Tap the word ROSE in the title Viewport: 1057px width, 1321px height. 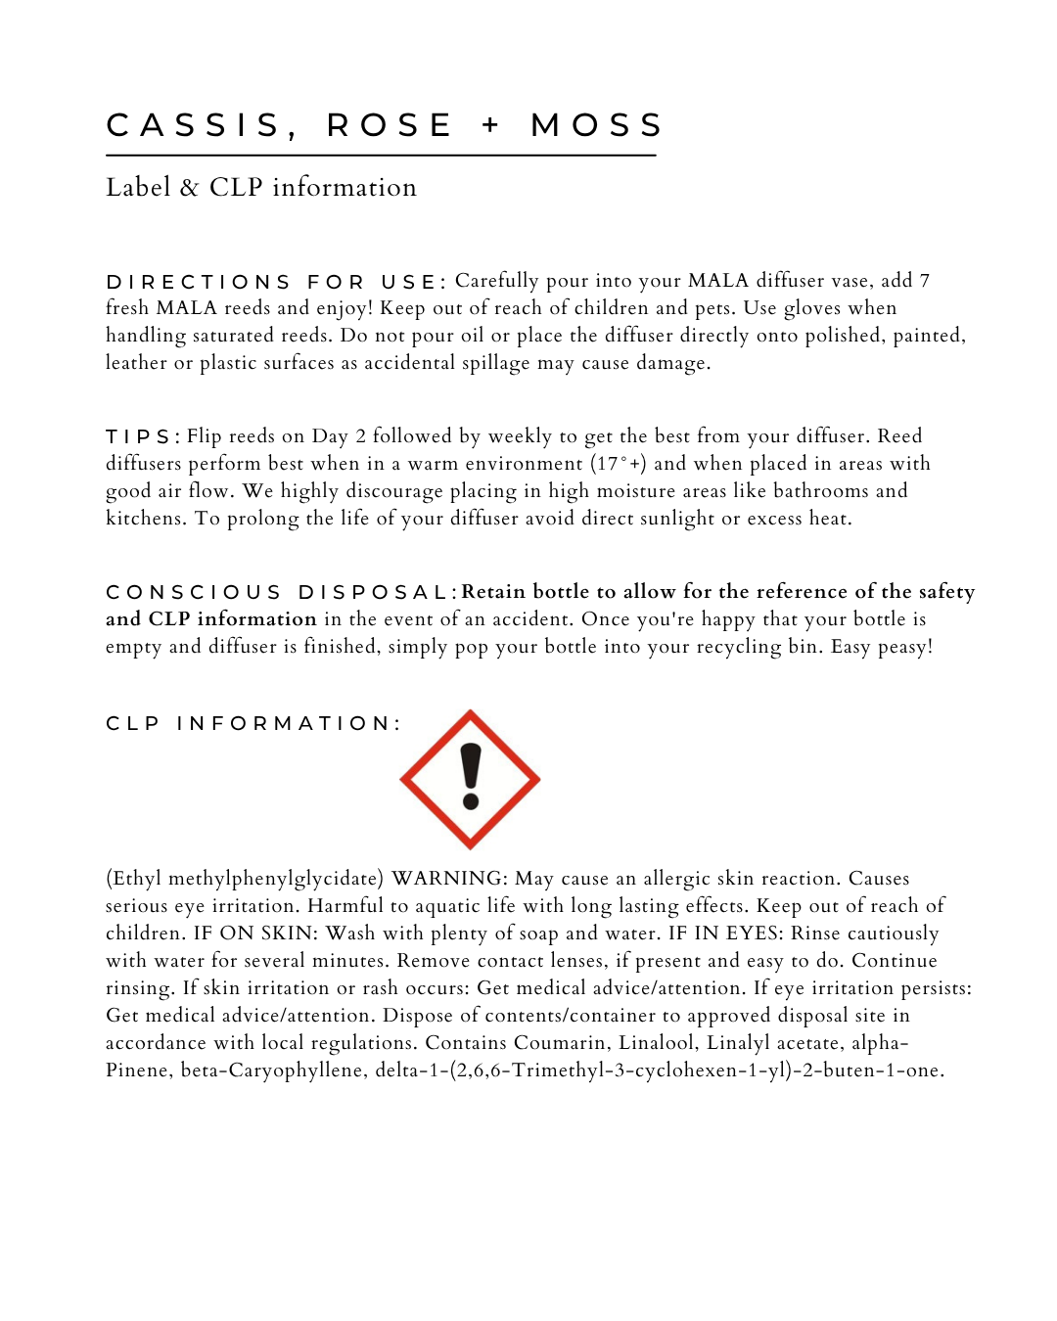[389, 125]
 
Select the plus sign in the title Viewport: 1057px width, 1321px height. [491, 125]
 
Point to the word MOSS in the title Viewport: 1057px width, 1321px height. [597, 125]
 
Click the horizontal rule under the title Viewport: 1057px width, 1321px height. [381, 155]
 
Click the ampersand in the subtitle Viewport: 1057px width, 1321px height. [189, 187]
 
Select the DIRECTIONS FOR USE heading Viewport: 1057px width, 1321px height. [276, 282]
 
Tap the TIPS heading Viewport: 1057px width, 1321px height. [141, 436]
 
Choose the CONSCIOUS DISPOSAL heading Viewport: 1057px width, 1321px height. [277, 592]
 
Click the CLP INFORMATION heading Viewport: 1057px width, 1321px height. [253, 723]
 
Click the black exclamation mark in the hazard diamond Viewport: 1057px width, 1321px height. [471, 777]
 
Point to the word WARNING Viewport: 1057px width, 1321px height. [449, 879]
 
